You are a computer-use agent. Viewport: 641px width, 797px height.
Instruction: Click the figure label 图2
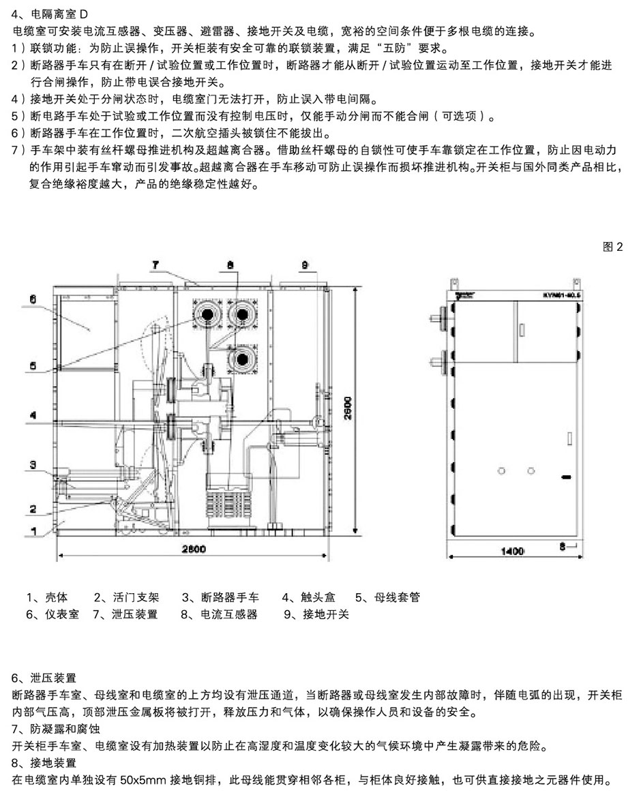coord(613,247)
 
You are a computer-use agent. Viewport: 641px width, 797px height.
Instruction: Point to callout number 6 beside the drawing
coord(33,299)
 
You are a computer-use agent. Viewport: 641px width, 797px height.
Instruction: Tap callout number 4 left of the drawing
coord(32,414)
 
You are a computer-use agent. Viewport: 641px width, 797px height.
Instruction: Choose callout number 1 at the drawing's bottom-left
coord(32,528)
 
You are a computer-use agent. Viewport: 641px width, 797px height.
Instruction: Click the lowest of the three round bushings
coord(241,359)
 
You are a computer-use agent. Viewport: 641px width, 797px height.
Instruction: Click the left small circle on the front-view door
coord(502,470)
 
